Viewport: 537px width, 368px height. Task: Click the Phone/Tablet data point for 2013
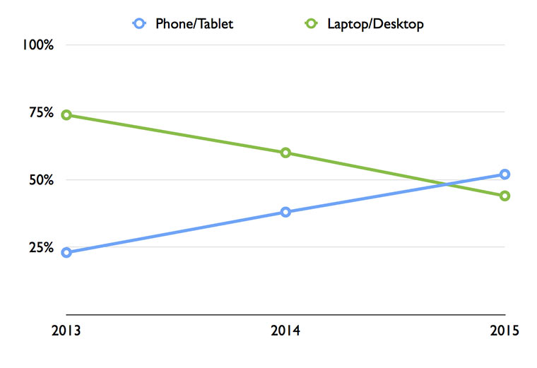point(66,252)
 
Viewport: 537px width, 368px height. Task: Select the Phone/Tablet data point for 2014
point(285,212)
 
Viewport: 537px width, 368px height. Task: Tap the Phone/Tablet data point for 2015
point(504,174)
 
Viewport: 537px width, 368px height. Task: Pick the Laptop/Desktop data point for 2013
point(66,115)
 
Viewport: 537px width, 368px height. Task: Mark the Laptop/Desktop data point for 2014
point(285,153)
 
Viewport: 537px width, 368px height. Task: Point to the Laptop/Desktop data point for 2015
point(504,196)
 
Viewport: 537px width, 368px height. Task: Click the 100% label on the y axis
point(38,45)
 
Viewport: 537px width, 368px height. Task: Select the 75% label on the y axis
point(41,112)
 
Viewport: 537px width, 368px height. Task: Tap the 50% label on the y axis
point(41,180)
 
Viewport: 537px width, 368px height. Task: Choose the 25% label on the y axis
point(41,247)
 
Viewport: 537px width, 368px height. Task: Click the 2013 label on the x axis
point(66,331)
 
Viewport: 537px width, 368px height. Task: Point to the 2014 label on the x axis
point(285,331)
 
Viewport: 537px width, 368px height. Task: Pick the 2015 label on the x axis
point(504,331)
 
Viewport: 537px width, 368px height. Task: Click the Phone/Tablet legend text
point(194,24)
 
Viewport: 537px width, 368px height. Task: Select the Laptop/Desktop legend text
point(375,24)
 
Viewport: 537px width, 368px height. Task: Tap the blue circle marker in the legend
point(139,23)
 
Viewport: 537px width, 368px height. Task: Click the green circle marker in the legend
point(310,23)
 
